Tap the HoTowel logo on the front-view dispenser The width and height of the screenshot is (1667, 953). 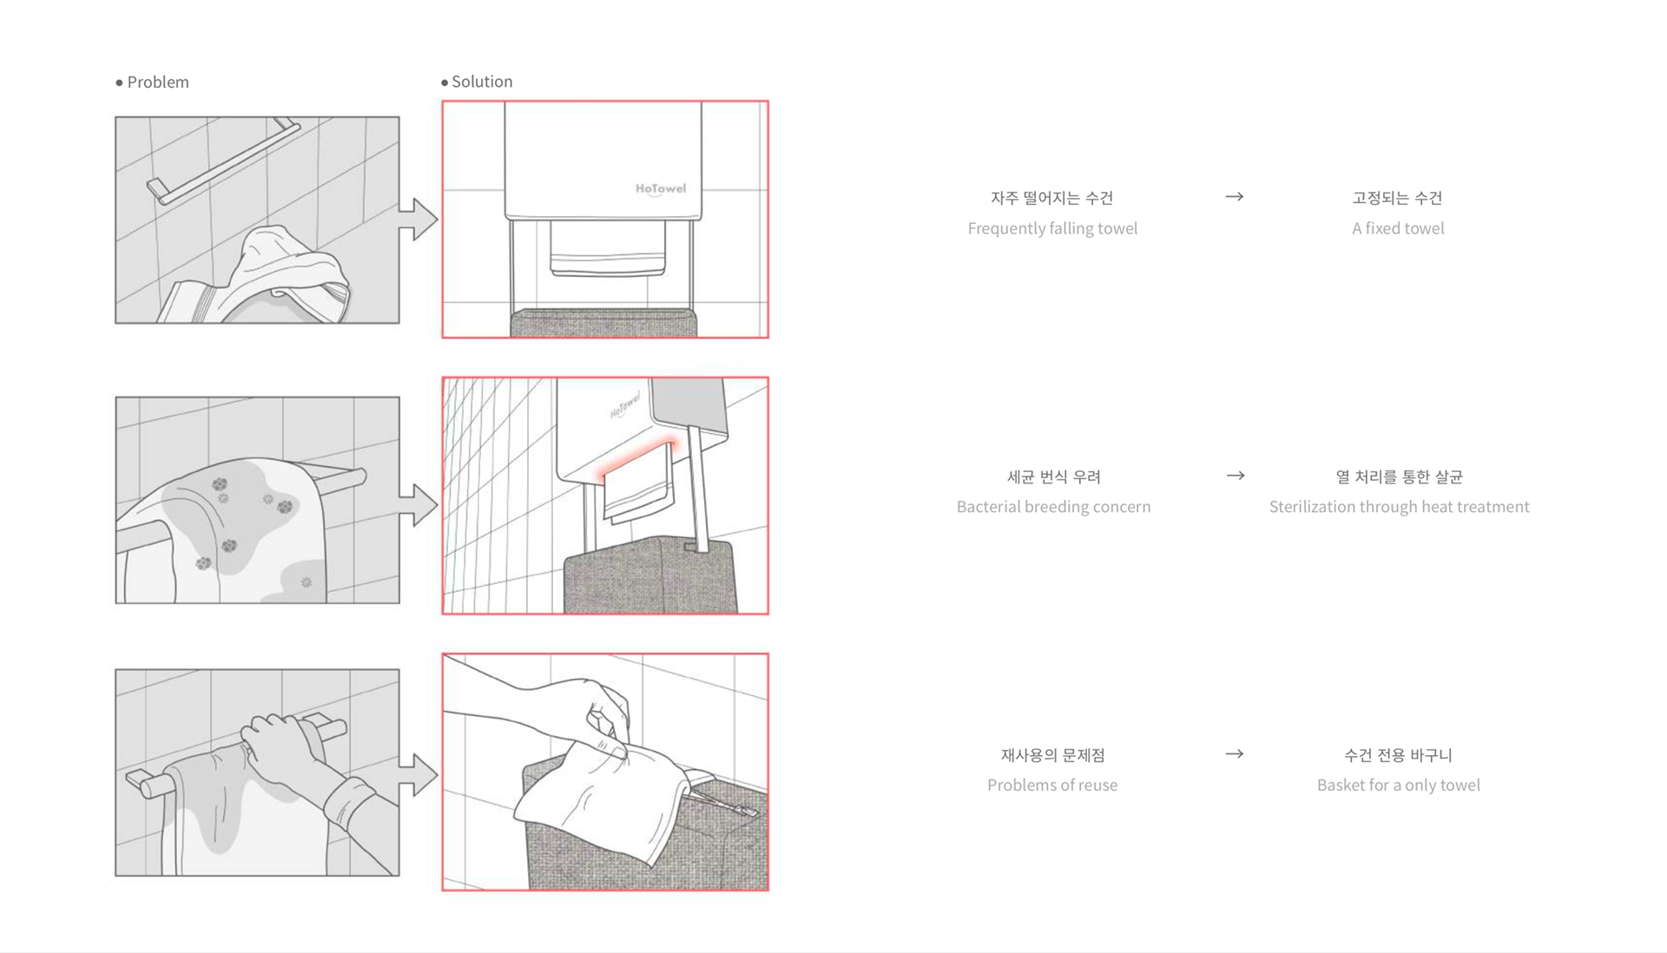click(661, 188)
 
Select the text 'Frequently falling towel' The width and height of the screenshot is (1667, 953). click(1052, 228)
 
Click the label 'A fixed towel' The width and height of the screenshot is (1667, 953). click(1398, 228)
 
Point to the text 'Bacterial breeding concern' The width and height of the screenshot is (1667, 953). click(1053, 507)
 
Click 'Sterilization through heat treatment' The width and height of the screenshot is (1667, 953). click(1399, 507)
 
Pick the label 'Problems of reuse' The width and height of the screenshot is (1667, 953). click(1052, 785)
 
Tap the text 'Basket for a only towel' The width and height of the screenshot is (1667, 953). click(1398, 785)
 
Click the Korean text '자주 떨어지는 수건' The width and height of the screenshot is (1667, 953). click(1052, 198)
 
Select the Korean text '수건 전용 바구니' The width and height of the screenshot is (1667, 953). click(1398, 755)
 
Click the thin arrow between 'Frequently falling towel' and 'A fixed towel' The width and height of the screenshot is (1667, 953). click(1235, 197)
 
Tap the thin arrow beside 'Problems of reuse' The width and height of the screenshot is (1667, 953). click(1235, 754)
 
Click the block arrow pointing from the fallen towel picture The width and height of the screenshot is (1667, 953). click(418, 219)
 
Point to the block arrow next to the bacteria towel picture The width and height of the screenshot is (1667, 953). click(418, 504)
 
